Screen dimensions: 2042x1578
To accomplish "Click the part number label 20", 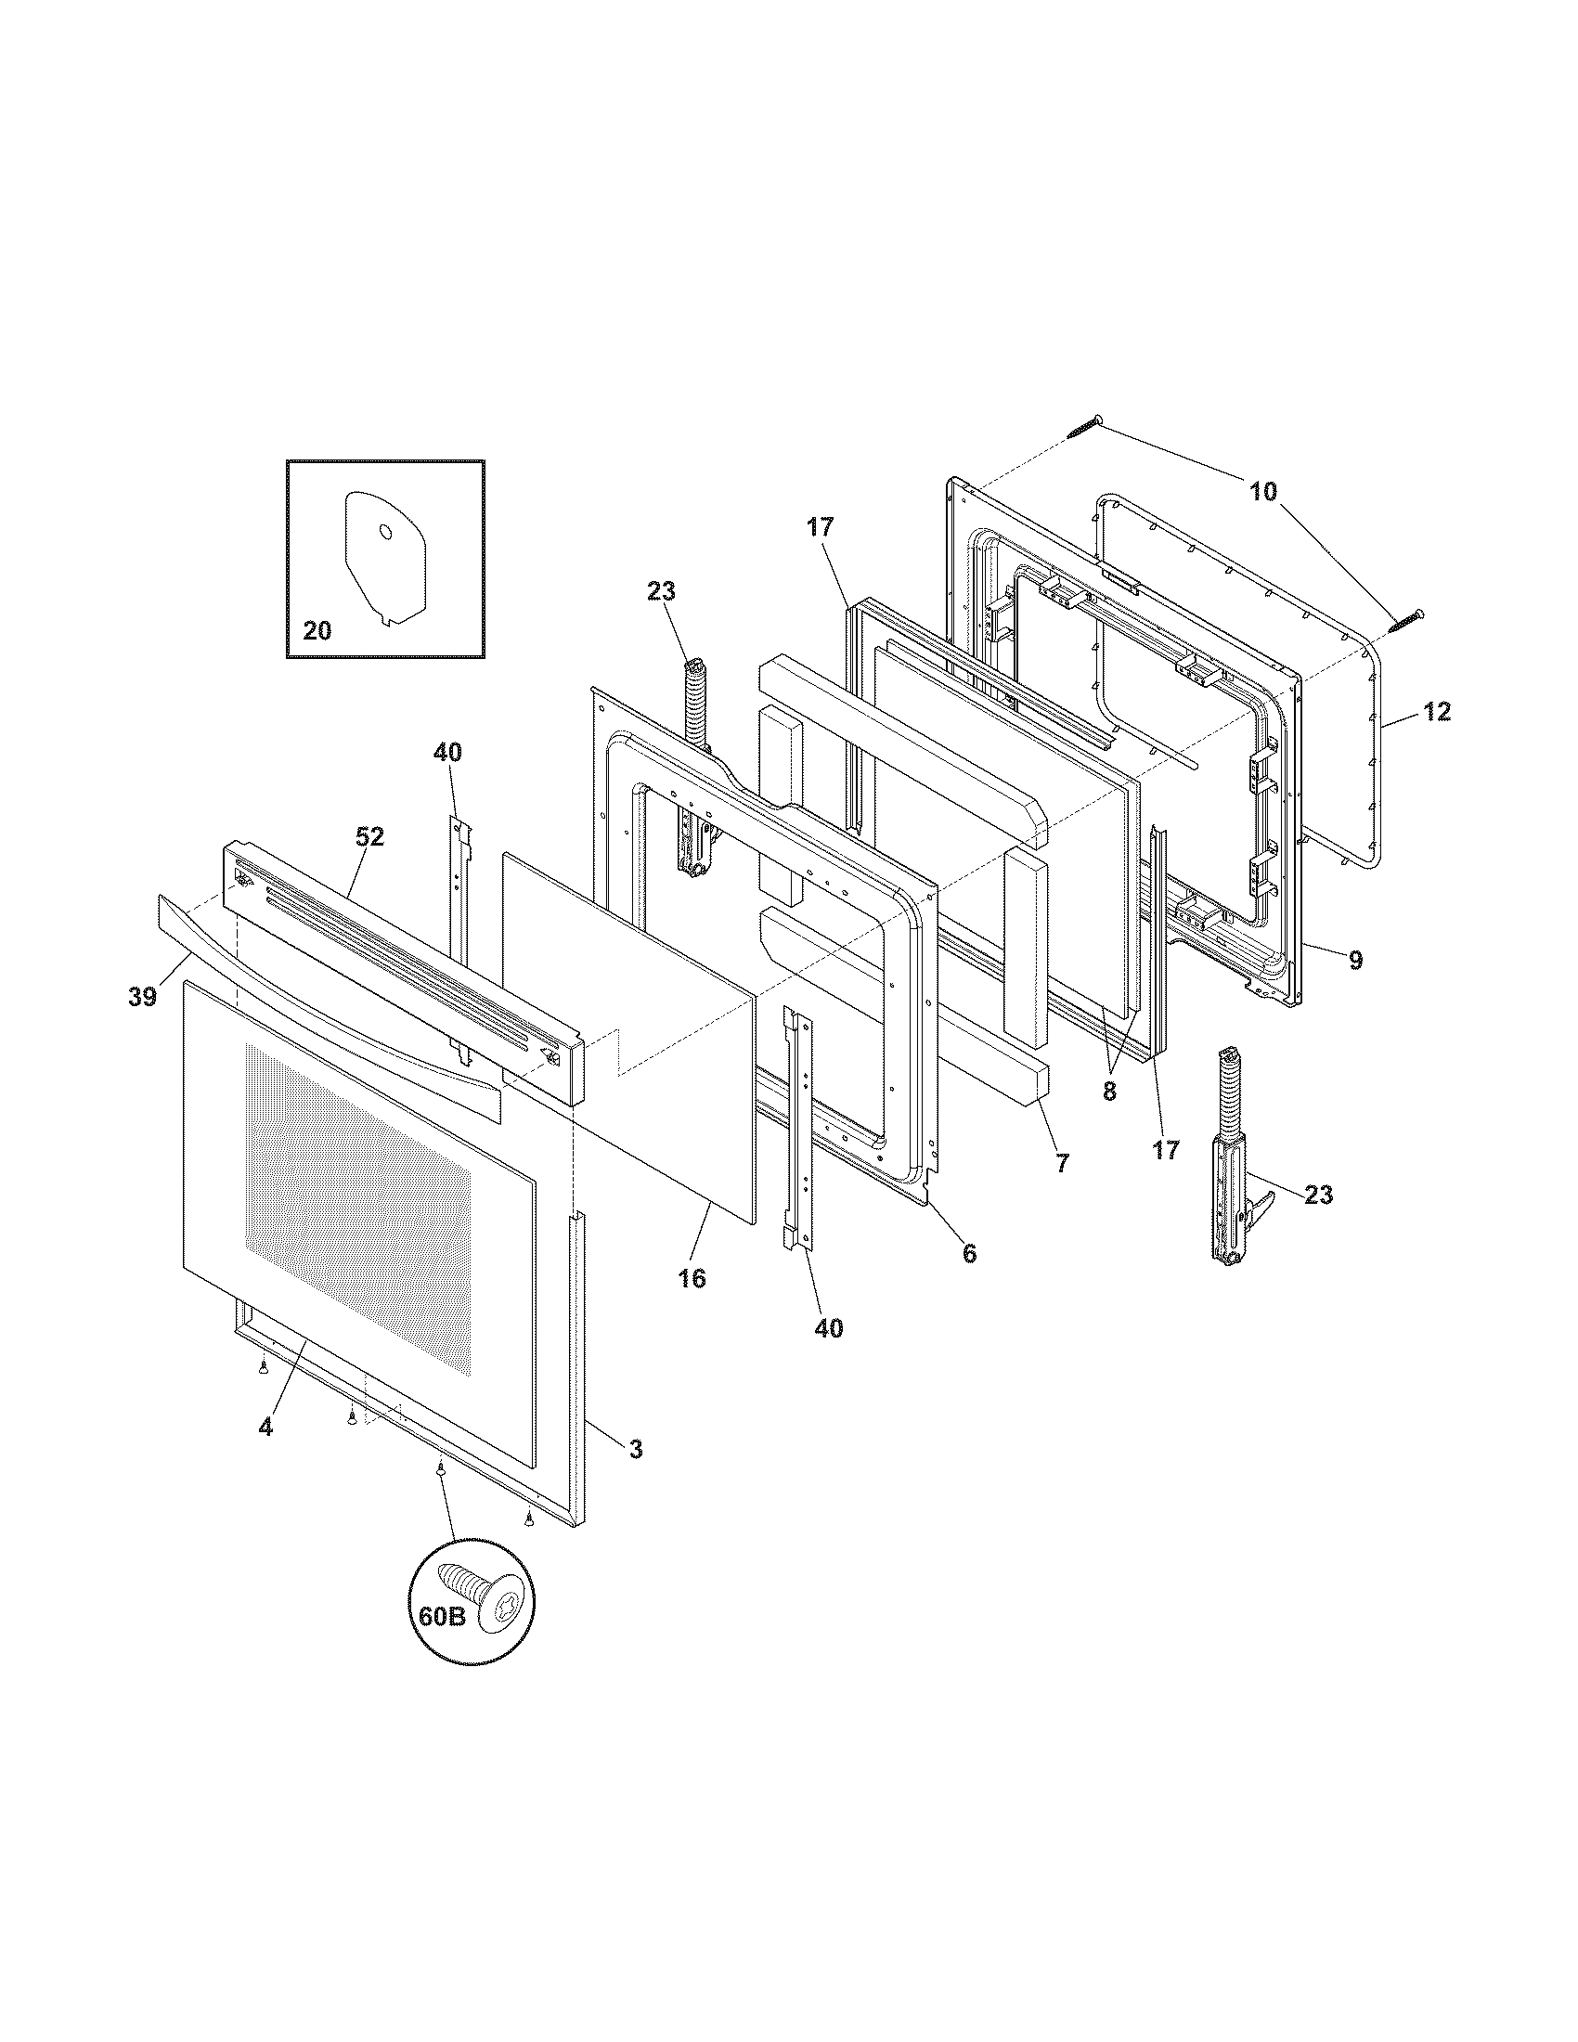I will [x=317, y=631].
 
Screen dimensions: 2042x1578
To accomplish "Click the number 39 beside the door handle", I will [x=142, y=998].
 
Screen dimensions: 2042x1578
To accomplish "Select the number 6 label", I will [x=969, y=1254].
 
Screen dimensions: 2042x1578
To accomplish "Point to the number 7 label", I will [x=1062, y=1163].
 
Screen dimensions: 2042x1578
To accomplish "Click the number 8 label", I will [x=1109, y=1092].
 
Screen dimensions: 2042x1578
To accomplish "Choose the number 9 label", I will [x=1354, y=959].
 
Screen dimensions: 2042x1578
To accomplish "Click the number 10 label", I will [x=1263, y=491].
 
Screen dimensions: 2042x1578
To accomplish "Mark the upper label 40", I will [x=446, y=752].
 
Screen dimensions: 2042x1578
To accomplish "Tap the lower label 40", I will [x=828, y=1328].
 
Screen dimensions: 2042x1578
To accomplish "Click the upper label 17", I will [x=820, y=527].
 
